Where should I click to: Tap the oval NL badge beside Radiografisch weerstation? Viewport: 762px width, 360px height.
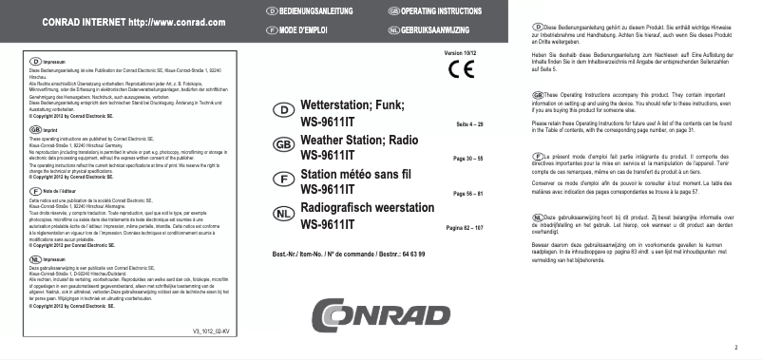(x=282, y=213)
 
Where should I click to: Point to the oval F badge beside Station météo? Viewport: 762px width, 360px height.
(x=282, y=179)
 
